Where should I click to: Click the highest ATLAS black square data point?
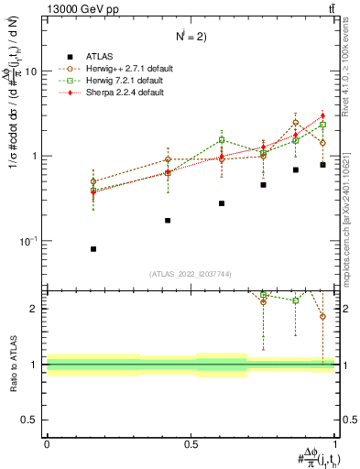pyautogui.click(x=322, y=165)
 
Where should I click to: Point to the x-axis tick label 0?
pyautogui.click(x=46, y=443)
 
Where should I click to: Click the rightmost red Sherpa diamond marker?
pyautogui.click(x=322, y=115)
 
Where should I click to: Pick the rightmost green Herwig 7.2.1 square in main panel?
pyautogui.click(x=322, y=125)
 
